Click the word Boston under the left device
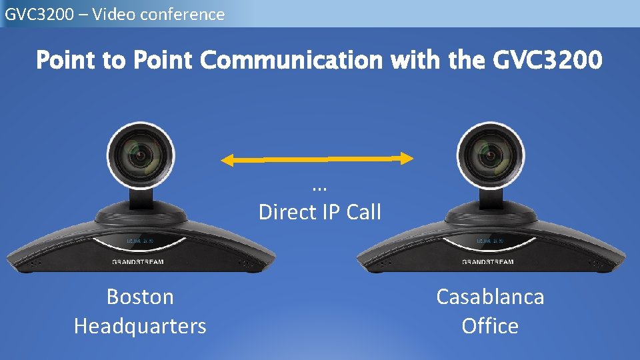tap(140, 297)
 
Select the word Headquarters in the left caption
tap(140, 326)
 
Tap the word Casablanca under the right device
tap(490, 297)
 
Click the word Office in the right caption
tap(490, 326)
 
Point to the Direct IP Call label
tap(320, 212)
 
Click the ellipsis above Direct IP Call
tap(320, 188)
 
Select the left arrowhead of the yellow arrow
tap(229, 159)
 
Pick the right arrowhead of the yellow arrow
tap(407, 158)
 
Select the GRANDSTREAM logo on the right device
tap(488, 262)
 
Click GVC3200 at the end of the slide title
tap(547, 61)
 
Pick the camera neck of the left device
tap(143, 197)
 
